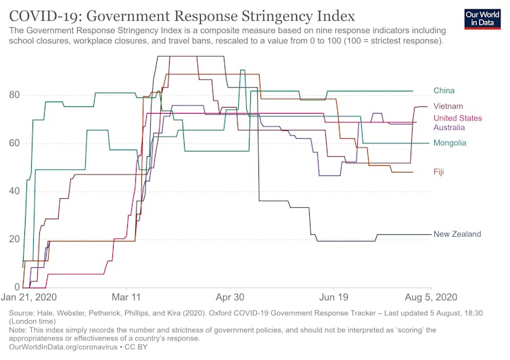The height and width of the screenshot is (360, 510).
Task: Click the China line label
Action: (444, 91)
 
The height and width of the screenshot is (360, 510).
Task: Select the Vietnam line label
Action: (448, 106)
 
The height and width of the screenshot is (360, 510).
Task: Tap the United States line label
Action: (457, 118)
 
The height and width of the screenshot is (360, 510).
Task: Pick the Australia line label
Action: (449, 127)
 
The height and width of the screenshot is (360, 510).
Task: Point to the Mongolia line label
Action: (450, 143)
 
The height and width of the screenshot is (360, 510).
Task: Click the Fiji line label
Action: (439, 172)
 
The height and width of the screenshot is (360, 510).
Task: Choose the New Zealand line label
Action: (457, 234)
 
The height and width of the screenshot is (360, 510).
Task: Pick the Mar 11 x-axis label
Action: (126, 297)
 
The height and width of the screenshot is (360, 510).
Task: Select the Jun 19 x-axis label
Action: (335, 297)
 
